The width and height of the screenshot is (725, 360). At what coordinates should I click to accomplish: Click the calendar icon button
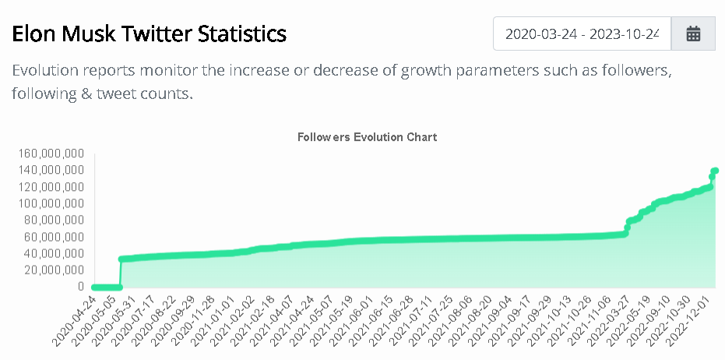pos(693,34)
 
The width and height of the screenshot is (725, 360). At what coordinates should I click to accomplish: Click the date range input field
pos(582,34)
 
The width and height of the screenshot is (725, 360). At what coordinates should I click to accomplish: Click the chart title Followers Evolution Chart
pos(367,137)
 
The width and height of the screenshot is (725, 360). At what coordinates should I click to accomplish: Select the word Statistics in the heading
pos(241,34)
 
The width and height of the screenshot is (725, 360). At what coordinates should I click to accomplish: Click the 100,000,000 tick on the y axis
pos(48,204)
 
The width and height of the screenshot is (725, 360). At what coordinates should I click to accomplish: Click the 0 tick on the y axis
pos(80,287)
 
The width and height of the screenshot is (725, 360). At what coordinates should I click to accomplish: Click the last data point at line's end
pos(714,171)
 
